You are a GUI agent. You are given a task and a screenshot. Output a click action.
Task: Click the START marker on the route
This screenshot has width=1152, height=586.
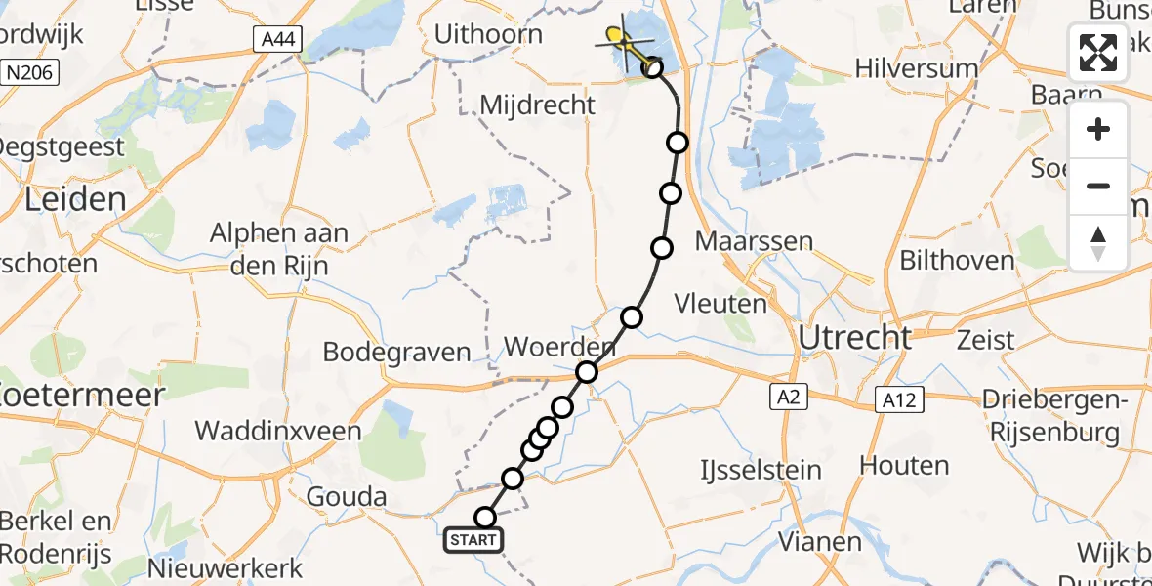point(474,539)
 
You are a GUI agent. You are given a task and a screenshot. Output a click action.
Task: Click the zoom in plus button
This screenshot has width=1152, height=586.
point(1098,130)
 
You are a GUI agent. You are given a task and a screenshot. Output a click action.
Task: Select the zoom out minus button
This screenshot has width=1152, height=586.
point(1098,186)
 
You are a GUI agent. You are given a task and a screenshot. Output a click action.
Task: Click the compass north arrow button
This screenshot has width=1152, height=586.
point(1098,242)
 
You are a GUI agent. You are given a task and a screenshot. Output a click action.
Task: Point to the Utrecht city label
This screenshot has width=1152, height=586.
point(855,338)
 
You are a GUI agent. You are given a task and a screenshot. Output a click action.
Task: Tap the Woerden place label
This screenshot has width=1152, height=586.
point(559,347)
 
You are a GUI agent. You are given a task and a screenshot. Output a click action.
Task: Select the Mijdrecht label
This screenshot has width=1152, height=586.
point(538,105)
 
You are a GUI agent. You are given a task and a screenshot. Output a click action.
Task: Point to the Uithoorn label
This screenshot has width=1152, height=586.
point(488,35)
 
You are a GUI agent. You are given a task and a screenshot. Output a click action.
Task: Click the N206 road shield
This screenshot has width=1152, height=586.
point(31,72)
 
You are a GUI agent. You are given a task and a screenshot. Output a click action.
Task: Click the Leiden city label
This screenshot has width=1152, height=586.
point(75,200)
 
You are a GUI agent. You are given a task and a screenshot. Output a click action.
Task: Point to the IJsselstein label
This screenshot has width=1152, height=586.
point(761,470)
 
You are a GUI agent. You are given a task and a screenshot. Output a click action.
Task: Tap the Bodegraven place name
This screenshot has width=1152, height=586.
point(396,353)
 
